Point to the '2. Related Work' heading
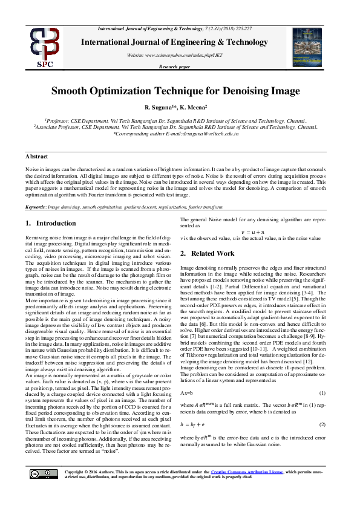pos(208,253)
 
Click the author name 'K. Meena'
pos(192,107)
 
